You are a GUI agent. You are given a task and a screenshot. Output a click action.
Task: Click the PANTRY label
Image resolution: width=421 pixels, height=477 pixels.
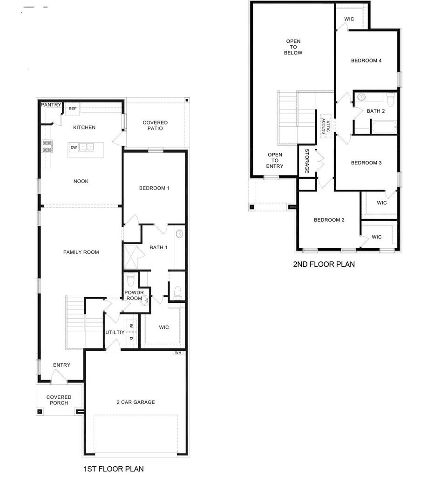coord(51,105)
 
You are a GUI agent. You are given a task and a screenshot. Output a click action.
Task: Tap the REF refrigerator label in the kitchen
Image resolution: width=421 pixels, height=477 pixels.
coord(72,109)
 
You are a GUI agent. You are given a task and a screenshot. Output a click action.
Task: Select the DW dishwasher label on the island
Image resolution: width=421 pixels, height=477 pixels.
coord(74,147)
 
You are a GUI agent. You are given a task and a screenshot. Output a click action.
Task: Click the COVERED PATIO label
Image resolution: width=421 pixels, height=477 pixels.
coord(155,125)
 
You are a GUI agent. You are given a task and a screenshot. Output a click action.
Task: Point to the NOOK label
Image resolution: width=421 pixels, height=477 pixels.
coord(81,181)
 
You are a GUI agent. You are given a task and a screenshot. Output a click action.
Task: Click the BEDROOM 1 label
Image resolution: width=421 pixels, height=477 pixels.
coord(154,188)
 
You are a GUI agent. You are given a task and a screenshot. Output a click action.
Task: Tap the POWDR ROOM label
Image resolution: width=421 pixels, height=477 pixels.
coord(134,295)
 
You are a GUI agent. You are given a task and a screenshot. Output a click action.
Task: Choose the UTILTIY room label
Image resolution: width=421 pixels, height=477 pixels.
coord(115,332)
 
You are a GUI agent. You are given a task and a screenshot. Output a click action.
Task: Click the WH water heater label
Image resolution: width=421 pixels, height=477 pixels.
coord(178,353)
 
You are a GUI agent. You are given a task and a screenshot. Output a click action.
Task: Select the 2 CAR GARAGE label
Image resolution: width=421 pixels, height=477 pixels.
coord(136,402)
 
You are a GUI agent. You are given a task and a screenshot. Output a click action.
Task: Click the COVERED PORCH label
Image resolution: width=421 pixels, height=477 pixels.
coord(59,400)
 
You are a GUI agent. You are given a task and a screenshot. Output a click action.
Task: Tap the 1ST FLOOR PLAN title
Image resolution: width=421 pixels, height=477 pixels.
coord(114,469)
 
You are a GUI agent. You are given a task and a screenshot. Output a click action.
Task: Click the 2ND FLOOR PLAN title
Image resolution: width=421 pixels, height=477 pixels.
coord(324,264)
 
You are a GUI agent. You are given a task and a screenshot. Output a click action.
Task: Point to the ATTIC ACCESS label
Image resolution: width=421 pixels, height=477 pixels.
coord(326,126)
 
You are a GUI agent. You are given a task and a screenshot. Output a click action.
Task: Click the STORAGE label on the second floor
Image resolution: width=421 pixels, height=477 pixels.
coord(307,161)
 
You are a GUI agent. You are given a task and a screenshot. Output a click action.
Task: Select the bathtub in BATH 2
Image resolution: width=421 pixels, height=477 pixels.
coord(385,127)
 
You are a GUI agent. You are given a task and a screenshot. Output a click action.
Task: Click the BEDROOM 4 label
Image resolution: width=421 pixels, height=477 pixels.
coord(366,61)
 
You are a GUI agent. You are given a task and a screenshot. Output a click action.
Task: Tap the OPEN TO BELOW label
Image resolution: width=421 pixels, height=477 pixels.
coord(293,47)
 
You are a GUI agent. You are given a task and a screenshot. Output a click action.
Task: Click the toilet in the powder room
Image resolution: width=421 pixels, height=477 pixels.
coord(130,279)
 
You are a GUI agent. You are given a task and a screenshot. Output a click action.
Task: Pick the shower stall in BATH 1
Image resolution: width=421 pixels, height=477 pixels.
coord(131,257)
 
